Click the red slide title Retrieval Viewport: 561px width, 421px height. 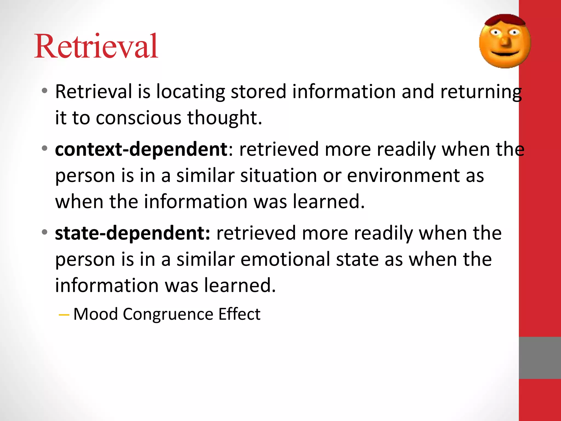click(96, 46)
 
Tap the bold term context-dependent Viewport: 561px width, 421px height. click(141, 149)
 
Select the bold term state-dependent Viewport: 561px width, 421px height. click(133, 233)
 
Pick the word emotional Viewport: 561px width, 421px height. click(285, 260)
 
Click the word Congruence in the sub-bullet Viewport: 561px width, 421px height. click(168, 314)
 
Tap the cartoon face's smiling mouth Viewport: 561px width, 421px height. click(505, 53)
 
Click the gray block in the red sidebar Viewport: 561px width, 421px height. click(540, 358)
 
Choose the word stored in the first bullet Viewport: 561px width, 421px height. click(259, 92)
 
